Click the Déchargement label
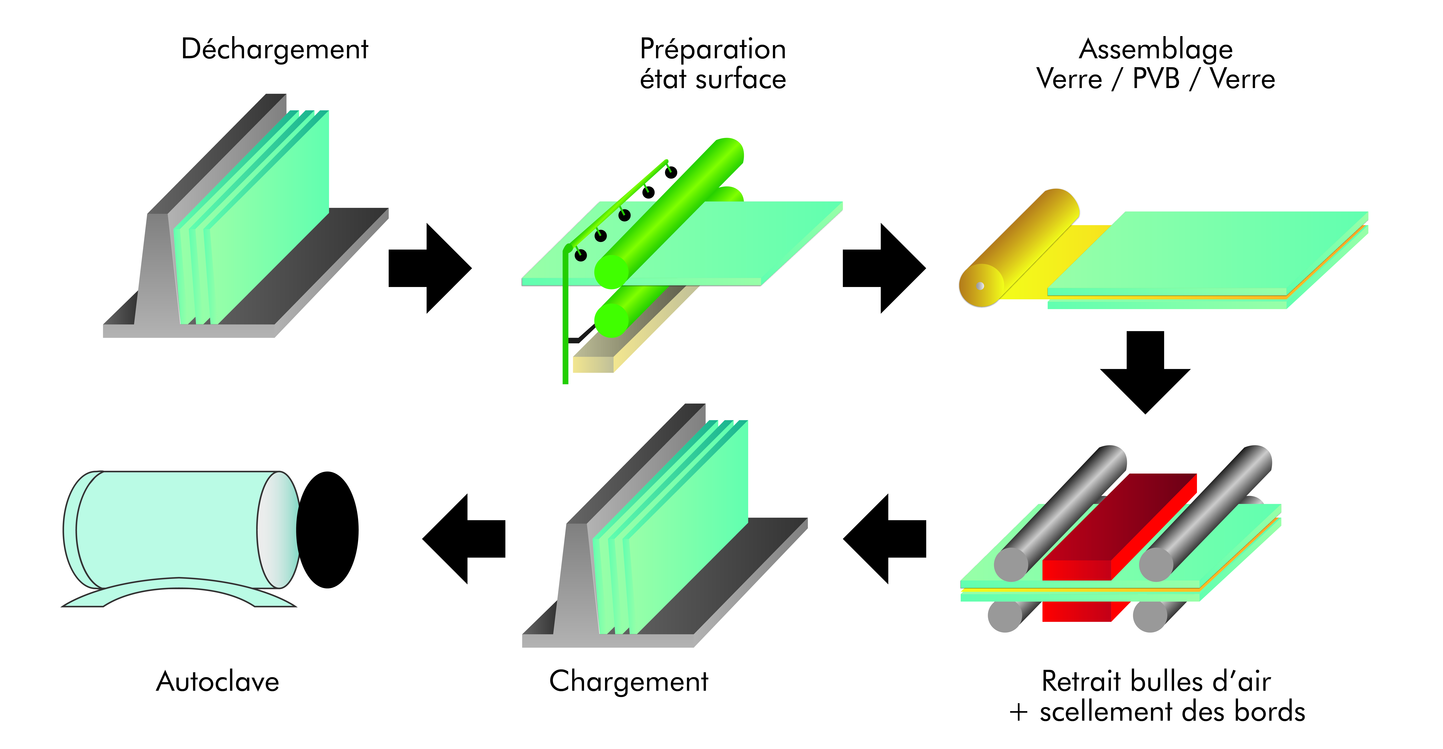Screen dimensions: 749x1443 [274, 49]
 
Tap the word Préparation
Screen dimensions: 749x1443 [713, 49]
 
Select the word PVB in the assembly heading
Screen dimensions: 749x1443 [1156, 79]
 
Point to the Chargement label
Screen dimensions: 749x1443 [628, 682]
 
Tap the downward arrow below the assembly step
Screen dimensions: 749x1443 [1145, 372]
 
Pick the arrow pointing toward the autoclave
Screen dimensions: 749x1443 [464, 539]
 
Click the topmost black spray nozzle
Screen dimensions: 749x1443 [671, 172]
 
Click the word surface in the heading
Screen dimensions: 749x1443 [741, 79]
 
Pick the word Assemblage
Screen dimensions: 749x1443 [1156, 49]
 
